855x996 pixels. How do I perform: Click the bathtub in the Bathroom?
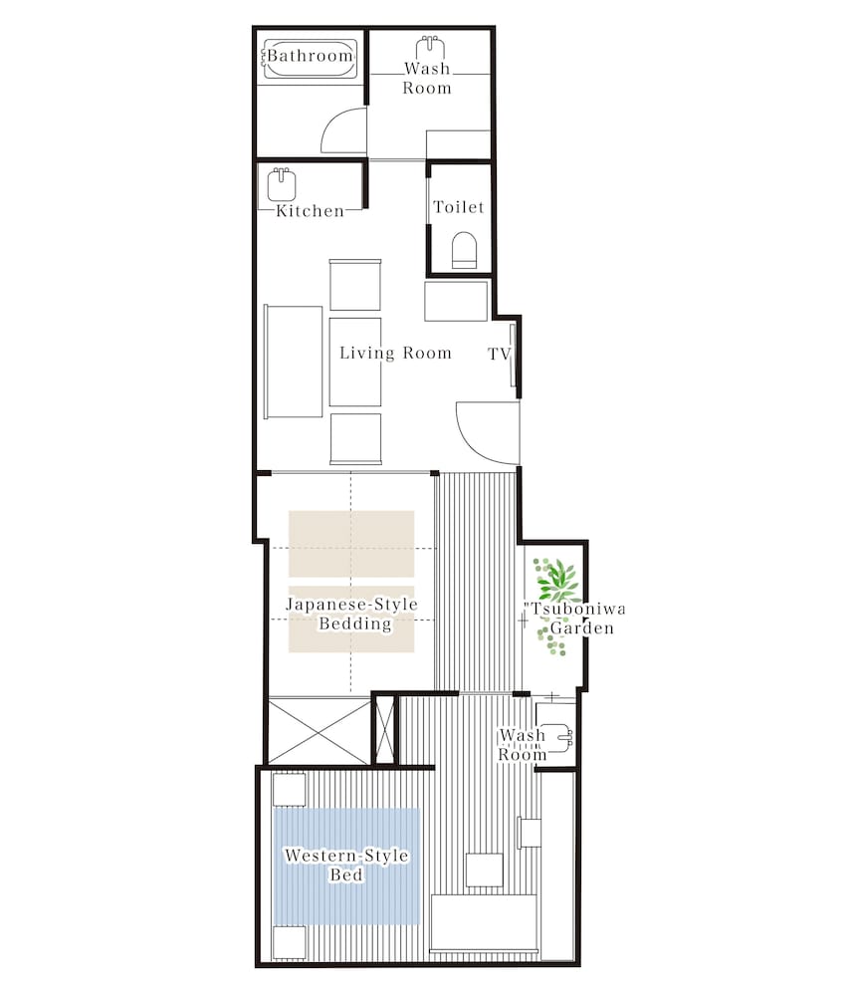[310, 60]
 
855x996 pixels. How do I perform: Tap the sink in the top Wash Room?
[430, 48]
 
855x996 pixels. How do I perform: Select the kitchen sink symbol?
[282, 185]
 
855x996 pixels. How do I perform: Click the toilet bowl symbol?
[464, 250]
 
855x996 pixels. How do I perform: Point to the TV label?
[499, 354]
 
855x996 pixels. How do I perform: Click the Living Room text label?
[395, 353]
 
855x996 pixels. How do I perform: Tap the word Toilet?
[458, 207]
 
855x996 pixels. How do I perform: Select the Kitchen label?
[310, 211]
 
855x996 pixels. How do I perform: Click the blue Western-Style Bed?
[346, 867]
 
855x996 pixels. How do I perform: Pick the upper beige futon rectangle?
[351, 544]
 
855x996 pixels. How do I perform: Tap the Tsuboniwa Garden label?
[574, 619]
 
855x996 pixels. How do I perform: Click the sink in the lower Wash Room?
[558, 737]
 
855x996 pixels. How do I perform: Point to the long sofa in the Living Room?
[294, 363]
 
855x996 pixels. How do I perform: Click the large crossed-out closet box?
[319, 732]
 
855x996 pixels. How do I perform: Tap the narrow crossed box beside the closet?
[384, 730]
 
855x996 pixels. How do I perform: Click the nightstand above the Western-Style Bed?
[290, 790]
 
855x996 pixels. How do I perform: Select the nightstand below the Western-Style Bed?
[290, 942]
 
